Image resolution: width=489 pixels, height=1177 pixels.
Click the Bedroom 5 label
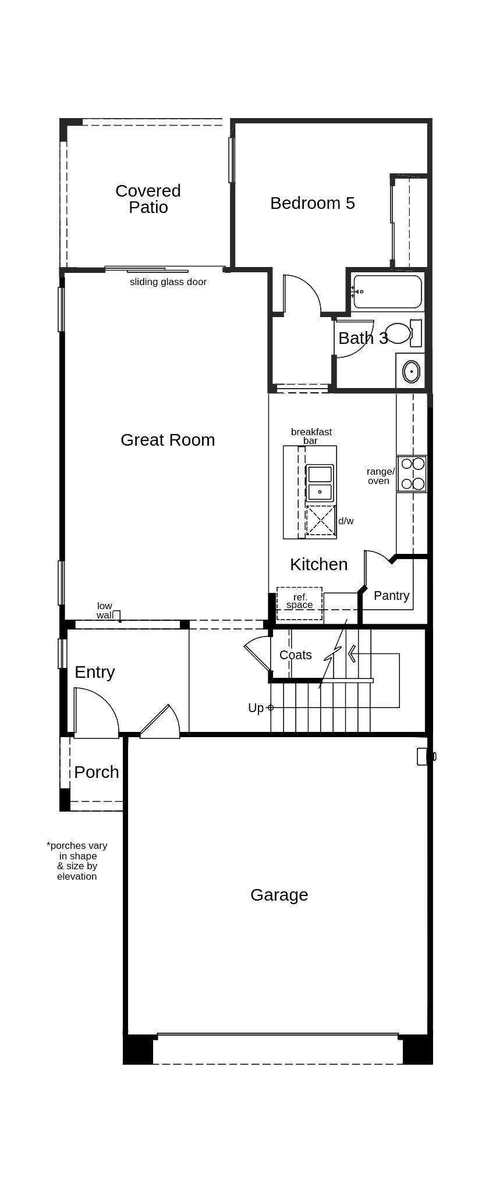click(x=312, y=203)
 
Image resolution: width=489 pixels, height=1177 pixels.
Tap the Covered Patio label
click(x=148, y=199)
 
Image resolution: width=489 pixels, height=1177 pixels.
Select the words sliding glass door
click(x=168, y=282)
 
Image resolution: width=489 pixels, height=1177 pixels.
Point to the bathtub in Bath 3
click(x=387, y=291)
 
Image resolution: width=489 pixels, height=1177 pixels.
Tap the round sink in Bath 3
click(x=411, y=371)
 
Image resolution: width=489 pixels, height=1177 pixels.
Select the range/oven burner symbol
click(x=412, y=474)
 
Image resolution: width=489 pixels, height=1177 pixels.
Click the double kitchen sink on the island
click(x=320, y=483)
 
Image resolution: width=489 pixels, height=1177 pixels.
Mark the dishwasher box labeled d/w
click(x=321, y=520)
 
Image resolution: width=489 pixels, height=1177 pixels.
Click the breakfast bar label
click(x=311, y=436)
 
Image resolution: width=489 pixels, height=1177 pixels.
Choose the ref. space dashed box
click(x=299, y=603)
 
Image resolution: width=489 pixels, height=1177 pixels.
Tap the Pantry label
click(x=391, y=596)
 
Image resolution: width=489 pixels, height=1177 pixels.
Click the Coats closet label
click(x=295, y=655)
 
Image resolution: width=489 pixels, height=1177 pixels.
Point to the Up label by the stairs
click(x=256, y=708)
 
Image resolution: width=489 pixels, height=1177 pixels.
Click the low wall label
click(x=105, y=610)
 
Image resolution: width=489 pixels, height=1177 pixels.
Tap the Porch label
click(x=96, y=772)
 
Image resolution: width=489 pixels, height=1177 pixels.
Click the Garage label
click(x=279, y=895)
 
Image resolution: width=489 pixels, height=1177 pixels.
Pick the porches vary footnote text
click(x=77, y=860)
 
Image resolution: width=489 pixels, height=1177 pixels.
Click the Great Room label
click(x=168, y=440)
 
